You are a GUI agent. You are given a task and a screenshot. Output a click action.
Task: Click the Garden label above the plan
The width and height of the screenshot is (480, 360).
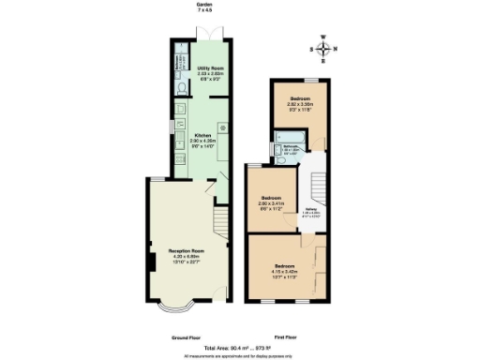[203, 7]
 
